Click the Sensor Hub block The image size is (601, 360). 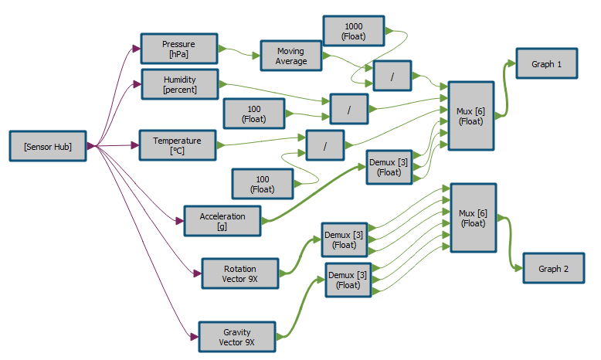pyautogui.click(x=48, y=146)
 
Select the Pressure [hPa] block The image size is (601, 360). pyautogui.click(x=178, y=49)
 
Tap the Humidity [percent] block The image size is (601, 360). pyautogui.click(x=180, y=84)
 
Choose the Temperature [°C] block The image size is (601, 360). pyautogui.click(x=177, y=145)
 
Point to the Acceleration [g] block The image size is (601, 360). pyautogui.click(x=222, y=221)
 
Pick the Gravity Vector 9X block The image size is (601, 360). pyautogui.click(x=237, y=337)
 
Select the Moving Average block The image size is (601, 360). pyautogui.click(x=290, y=56)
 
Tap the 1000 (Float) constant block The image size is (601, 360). pyautogui.click(x=353, y=30)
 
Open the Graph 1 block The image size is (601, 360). pyautogui.click(x=547, y=64)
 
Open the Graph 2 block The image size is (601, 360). pyautogui.click(x=554, y=269)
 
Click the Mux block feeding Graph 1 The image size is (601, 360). pyautogui.click(x=470, y=116)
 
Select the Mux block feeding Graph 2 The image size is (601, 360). pyautogui.click(x=473, y=217)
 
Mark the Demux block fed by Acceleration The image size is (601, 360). pyautogui.click(x=389, y=167)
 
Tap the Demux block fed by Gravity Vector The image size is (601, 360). pyautogui.click(x=348, y=280)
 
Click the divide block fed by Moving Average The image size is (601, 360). pyautogui.click(x=392, y=76)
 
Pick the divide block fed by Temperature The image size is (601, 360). pyautogui.click(x=325, y=145)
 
